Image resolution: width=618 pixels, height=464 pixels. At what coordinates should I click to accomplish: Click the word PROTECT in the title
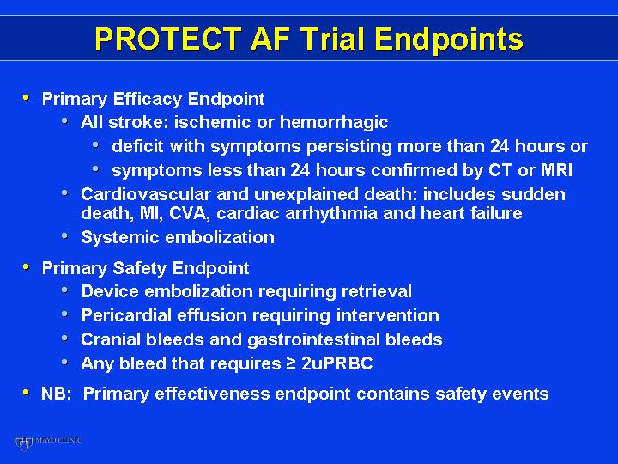point(168,39)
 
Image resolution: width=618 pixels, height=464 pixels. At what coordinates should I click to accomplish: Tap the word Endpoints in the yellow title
point(449,40)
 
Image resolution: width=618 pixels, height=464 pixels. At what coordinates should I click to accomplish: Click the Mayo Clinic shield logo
point(23,443)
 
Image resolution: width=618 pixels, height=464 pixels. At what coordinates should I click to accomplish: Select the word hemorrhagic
point(333,122)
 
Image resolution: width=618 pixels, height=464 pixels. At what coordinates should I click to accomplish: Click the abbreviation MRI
point(556,170)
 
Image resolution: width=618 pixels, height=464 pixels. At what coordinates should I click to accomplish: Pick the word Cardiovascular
point(146,194)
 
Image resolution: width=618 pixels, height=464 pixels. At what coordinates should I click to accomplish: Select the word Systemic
point(120,237)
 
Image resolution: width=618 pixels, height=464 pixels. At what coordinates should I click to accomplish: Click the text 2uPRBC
point(337,363)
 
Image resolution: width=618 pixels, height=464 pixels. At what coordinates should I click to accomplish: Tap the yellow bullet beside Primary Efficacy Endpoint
point(26,97)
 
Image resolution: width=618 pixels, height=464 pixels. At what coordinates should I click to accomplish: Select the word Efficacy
point(147,99)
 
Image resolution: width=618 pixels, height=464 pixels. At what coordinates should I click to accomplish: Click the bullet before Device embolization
point(64,290)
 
